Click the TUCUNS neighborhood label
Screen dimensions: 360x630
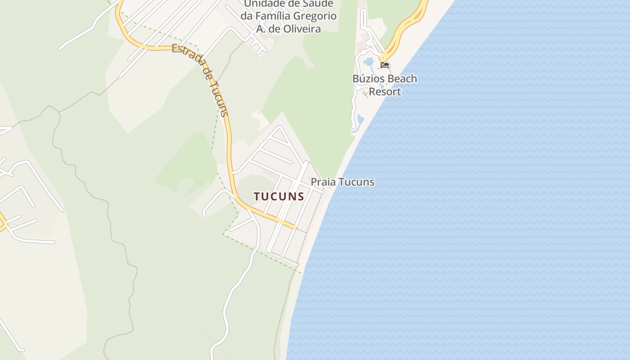click(x=279, y=196)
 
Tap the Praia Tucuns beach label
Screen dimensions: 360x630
click(x=342, y=182)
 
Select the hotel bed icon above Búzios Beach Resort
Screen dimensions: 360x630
click(x=385, y=65)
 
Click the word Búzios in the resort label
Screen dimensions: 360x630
click(x=369, y=79)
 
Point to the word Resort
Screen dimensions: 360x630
click(x=385, y=92)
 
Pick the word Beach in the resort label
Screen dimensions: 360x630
click(x=402, y=79)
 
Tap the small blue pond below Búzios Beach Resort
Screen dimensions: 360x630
click(x=360, y=120)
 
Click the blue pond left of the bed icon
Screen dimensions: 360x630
click(x=369, y=61)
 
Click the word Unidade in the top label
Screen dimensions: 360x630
click(x=263, y=4)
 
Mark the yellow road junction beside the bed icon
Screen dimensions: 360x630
click(x=382, y=58)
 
